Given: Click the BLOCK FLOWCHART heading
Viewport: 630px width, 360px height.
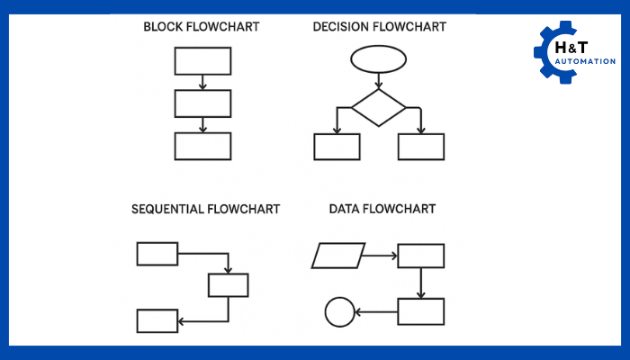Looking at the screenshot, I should (202, 27).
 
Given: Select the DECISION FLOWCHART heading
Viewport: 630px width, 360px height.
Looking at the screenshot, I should (379, 27).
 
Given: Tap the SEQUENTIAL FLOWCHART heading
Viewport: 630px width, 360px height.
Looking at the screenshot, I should (205, 209).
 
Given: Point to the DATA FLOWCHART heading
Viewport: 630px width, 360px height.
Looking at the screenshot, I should (382, 209).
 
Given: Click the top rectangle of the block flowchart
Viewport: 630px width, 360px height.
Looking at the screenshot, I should (202, 61).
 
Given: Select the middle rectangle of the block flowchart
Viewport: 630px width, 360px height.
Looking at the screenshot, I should (202, 103).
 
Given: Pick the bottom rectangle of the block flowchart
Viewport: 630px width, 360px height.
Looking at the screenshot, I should (202, 146).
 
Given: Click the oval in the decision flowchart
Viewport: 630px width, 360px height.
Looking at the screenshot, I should (378, 61).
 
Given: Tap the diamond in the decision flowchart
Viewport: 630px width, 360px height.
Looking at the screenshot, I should (378, 107).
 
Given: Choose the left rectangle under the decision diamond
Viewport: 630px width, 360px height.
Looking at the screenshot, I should (337, 147).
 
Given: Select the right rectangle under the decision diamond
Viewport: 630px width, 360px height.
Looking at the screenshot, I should (421, 147).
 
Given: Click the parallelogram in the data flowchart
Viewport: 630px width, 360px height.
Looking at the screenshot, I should (338, 256).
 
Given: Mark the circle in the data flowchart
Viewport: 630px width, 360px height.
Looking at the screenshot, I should (339, 312).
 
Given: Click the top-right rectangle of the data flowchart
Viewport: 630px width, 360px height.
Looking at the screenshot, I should (421, 256).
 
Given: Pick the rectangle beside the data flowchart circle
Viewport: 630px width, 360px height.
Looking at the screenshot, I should (421, 311).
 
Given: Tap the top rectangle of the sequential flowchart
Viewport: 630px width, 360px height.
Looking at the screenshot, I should (157, 254).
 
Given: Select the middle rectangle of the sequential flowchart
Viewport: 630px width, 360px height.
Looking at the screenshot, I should (228, 285).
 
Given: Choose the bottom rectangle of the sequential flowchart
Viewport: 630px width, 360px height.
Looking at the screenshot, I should (157, 320).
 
